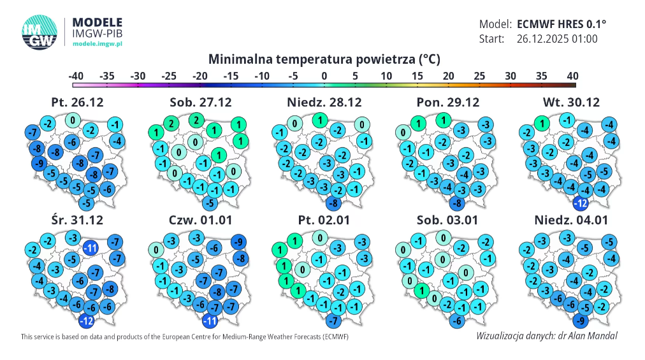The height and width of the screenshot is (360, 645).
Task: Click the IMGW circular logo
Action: click(x=40, y=30)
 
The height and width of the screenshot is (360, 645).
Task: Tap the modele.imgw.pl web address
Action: click(x=98, y=43)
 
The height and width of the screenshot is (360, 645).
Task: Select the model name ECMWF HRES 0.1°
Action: click(x=562, y=24)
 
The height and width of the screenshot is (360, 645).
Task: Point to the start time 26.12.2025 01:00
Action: click(x=557, y=39)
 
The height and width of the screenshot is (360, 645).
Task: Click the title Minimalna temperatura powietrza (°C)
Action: click(x=324, y=59)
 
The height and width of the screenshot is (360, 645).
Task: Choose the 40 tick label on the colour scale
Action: click(x=573, y=76)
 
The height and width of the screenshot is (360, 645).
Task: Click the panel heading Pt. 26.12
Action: click(x=77, y=102)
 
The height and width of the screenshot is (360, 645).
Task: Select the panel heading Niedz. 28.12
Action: click(x=324, y=102)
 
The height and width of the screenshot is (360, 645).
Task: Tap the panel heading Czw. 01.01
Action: click(x=200, y=220)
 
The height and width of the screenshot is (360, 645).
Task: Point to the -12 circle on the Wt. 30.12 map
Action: click(x=581, y=204)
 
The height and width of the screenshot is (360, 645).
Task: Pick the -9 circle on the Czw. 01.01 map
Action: click(x=239, y=242)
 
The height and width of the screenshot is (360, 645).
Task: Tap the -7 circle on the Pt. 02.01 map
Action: click(x=332, y=320)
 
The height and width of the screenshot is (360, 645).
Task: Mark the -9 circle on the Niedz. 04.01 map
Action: click(x=581, y=320)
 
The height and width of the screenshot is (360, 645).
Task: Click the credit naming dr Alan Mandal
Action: click(x=546, y=336)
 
